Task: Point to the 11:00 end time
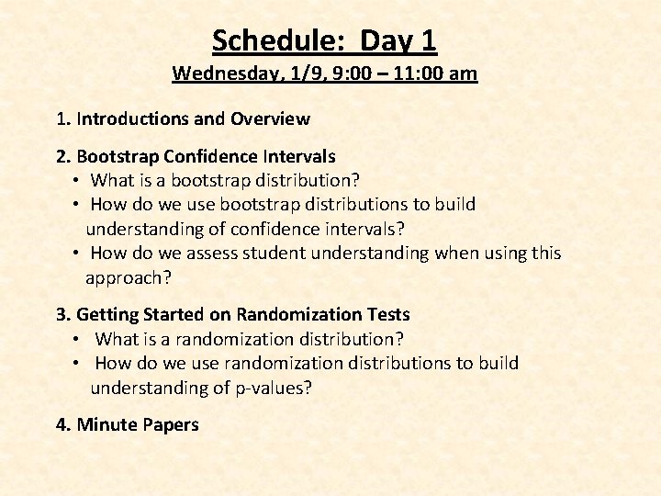(x=419, y=73)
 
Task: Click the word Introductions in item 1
(x=134, y=118)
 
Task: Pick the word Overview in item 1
(x=270, y=118)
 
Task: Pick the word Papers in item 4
(x=171, y=424)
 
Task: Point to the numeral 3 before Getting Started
(x=61, y=315)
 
